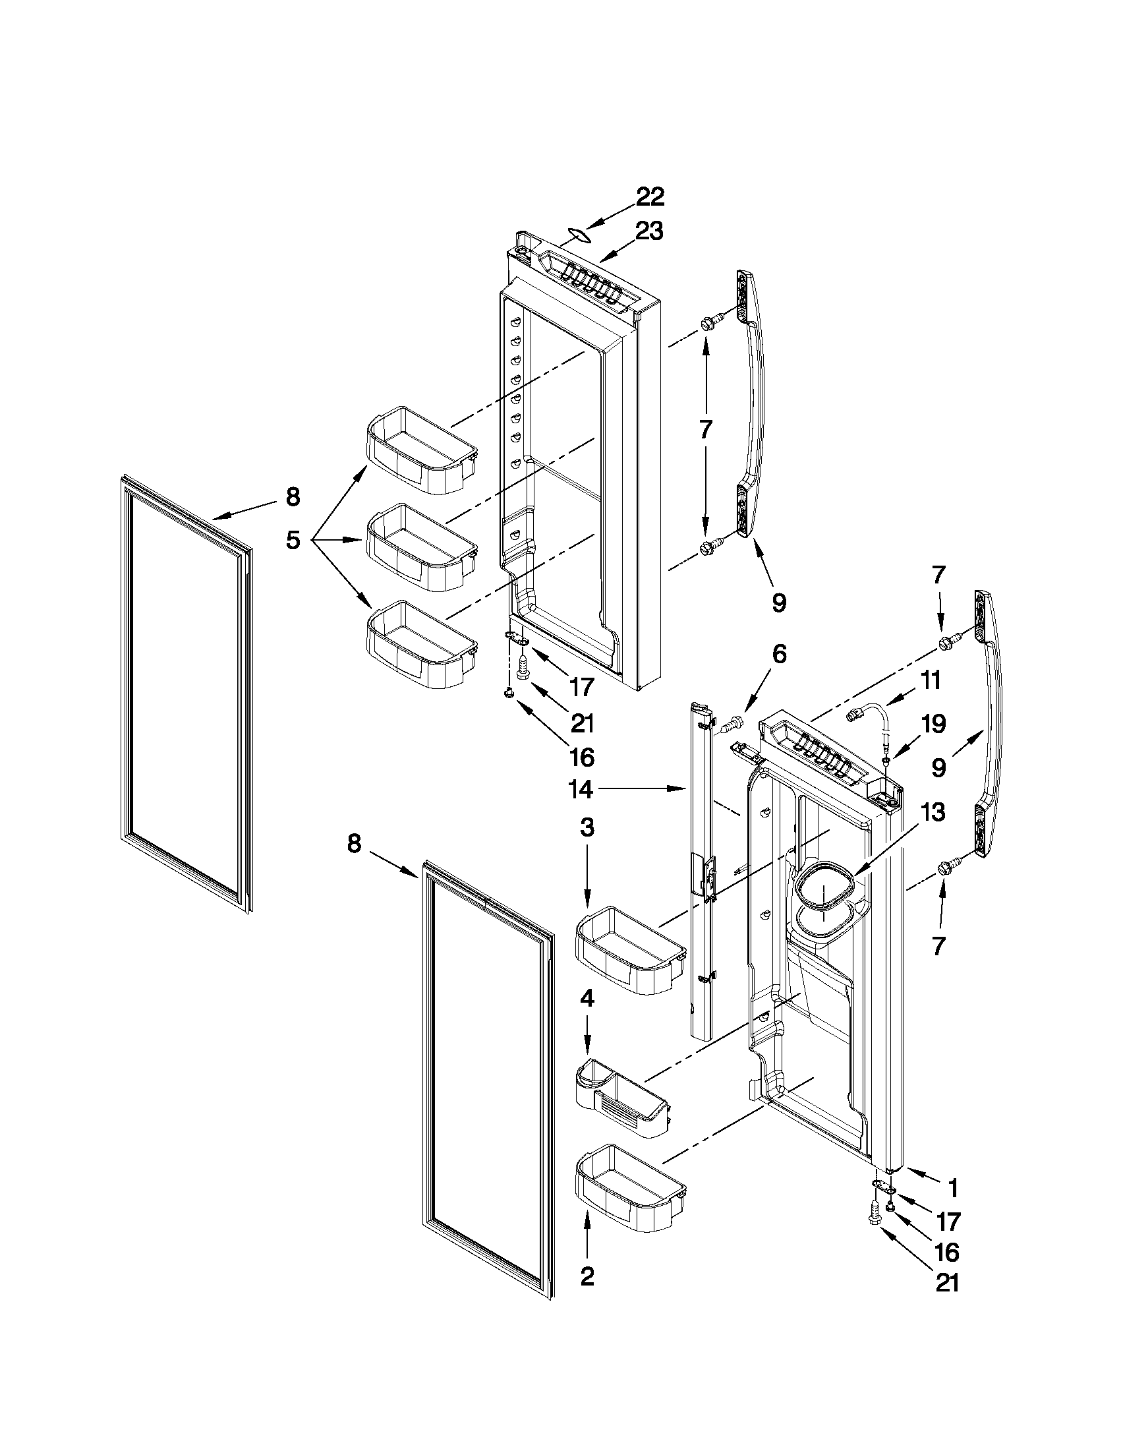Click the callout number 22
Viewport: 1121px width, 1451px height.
pyautogui.click(x=650, y=196)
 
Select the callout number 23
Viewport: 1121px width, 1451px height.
pyautogui.click(x=648, y=232)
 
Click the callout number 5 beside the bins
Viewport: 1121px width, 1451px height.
pyautogui.click(x=293, y=539)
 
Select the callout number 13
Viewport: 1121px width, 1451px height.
pyautogui.click(x=933, y=813)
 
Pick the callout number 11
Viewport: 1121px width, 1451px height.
pyautogui.click(x=931, y=680)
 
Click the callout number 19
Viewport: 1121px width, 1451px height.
pyautogui.click(x=933, y=724)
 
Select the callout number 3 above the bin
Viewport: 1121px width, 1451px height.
pyautogui.click(x=587, y=828)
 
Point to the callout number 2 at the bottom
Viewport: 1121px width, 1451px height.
pyautogui.click(x=587, y=1276)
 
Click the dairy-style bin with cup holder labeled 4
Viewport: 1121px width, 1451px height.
pyautogui.click(x=621, y=1099)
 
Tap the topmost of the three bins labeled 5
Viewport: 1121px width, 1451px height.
pyautogui.click(x=422, y=450)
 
